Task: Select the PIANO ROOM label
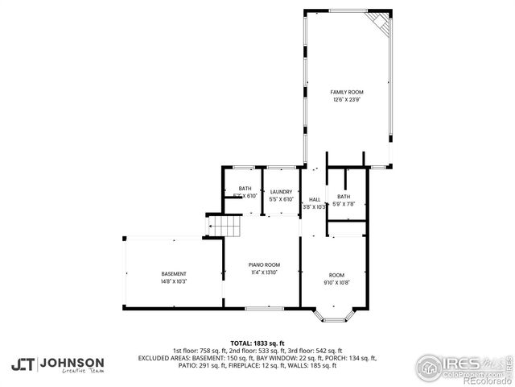pos(263,265)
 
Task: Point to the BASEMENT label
pos(173,274)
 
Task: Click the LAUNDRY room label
pos(281,192)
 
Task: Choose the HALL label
pos(314,199)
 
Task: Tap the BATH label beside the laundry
pos(244,189)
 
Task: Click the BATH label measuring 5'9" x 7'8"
pos(344,197)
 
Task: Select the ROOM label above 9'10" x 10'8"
pos(337,274)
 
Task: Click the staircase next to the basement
pos(225,227)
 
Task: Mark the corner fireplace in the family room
pos(378,23)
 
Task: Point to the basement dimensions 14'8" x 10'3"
pos(173,281)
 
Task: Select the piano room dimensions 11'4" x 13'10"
pos(263,273)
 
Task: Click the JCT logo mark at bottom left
pos(23,364)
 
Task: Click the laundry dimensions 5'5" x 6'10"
pos(281,199)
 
